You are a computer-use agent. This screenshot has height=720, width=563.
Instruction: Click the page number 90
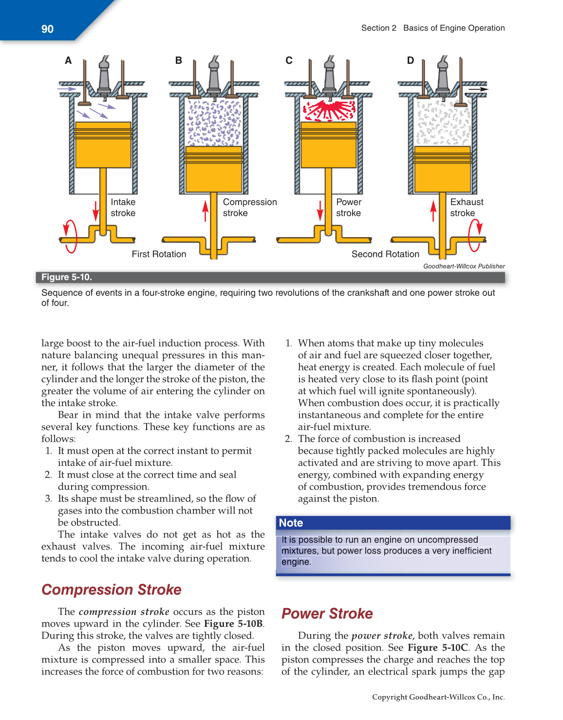tap(47, 29)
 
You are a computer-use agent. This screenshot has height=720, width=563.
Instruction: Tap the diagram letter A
tap(68, 60)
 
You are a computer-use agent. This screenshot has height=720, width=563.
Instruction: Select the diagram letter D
tap(410, 60)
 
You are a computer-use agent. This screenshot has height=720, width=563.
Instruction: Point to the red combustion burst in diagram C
tap(329, 110)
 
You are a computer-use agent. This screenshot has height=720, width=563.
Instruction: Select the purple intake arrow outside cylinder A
tap(67, 89)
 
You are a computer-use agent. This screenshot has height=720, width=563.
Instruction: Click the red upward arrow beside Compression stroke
tap(206, 210)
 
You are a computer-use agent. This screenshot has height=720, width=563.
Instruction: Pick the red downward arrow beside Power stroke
tap(320, 210)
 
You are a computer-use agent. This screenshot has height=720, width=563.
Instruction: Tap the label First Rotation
tap(159, 254)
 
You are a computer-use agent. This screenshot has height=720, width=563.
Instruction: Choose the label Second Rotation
tap(385, 254)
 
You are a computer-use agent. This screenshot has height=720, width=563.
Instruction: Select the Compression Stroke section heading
tap(112, 590)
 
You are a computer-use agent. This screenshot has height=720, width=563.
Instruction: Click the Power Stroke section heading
tap(327, 613)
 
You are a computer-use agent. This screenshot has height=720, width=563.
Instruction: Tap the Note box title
tap(291, 523)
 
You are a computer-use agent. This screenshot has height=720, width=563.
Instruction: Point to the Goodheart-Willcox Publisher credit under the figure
tap(464, 266)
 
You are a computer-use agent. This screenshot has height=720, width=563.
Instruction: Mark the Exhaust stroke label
tap(466, 207)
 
